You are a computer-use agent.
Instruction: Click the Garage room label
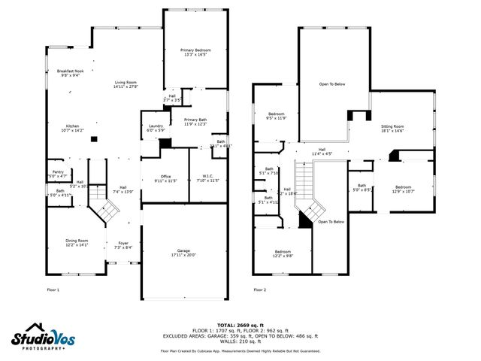pos(184,253)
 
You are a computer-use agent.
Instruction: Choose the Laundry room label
pos(156,128)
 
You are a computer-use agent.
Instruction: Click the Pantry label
pos(57,174)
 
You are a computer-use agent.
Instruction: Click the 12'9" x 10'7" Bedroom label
pos(404,189)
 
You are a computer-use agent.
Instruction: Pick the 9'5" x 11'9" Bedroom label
pos(276,116)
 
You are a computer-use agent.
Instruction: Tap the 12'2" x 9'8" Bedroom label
pos(283,253)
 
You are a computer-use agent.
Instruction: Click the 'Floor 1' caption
pos(53,289)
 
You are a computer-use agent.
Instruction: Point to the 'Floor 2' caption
pos(259,289)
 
